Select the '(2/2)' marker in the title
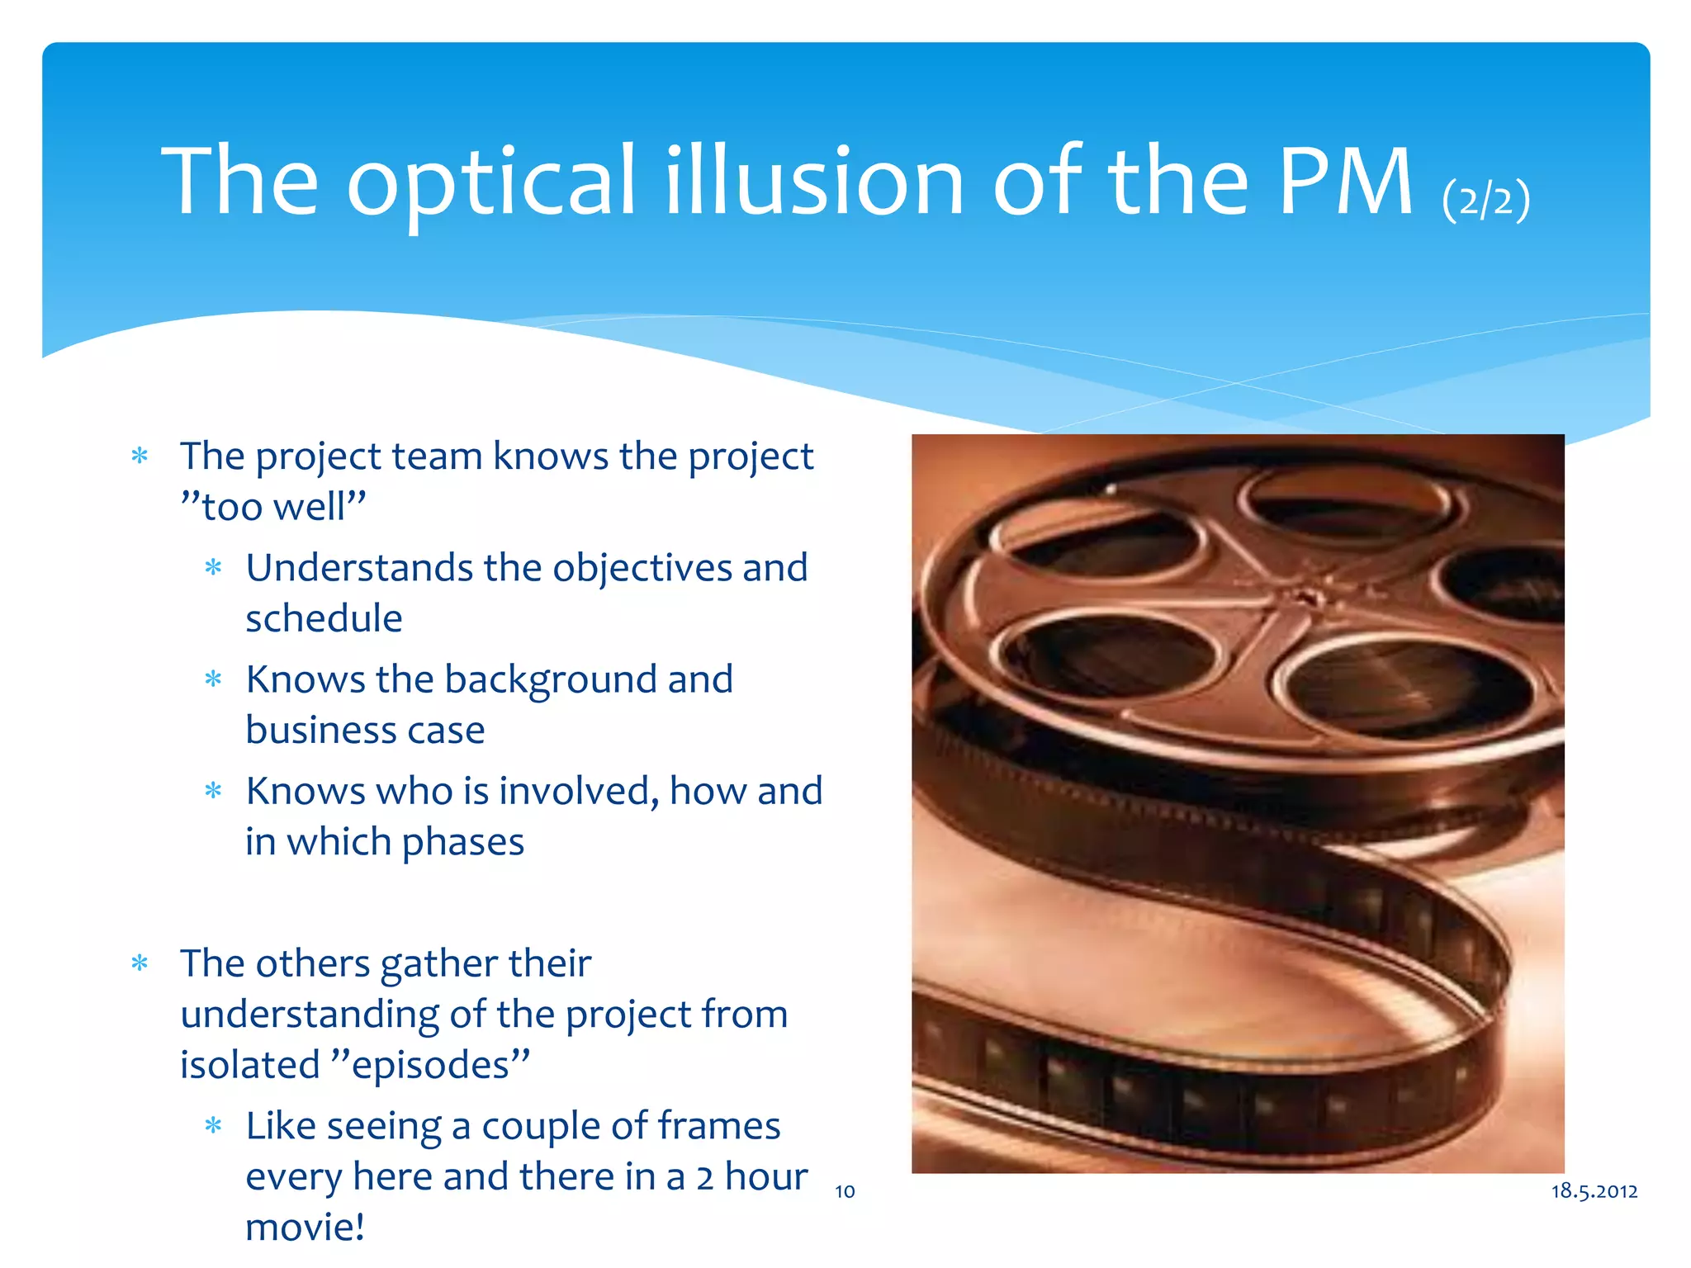(x=1485, y=199)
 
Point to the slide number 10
(x=845, y=1191)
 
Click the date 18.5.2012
(x=1594, y=1190)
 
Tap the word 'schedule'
(x=324, y=618)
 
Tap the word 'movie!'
(x=305, y=1227)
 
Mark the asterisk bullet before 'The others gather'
(x=140, y=963)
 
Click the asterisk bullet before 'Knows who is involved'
(x=213, y=791)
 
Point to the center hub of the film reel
(x=1304, y=596)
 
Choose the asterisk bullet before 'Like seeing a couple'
(x=213, y=1125)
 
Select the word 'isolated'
(x=250, y=1065)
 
